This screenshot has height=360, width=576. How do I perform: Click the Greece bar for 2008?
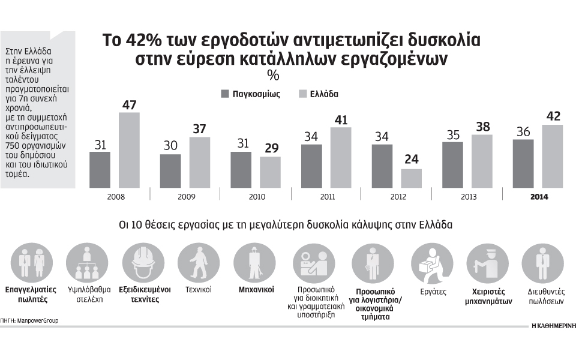pyautogui.click(x=129, y=150)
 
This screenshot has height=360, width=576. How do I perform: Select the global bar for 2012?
pyautogui.click(x=382, y=166)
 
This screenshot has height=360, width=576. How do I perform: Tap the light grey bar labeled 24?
pyautogui.click(x=411, y=178)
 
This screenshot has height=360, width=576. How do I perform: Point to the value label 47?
pyautogui.click(x=130, y=104)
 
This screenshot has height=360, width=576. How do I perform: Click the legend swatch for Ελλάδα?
pyautogui.click(x=303, y=94)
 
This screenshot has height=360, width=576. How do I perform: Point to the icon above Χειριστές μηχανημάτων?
pyautogui.click(x=488, y=263)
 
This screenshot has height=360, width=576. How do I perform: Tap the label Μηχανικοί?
pyautogui.click(x=256, y=289)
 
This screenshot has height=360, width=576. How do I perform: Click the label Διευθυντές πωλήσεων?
pyautogui.click(x=542, y=294)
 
